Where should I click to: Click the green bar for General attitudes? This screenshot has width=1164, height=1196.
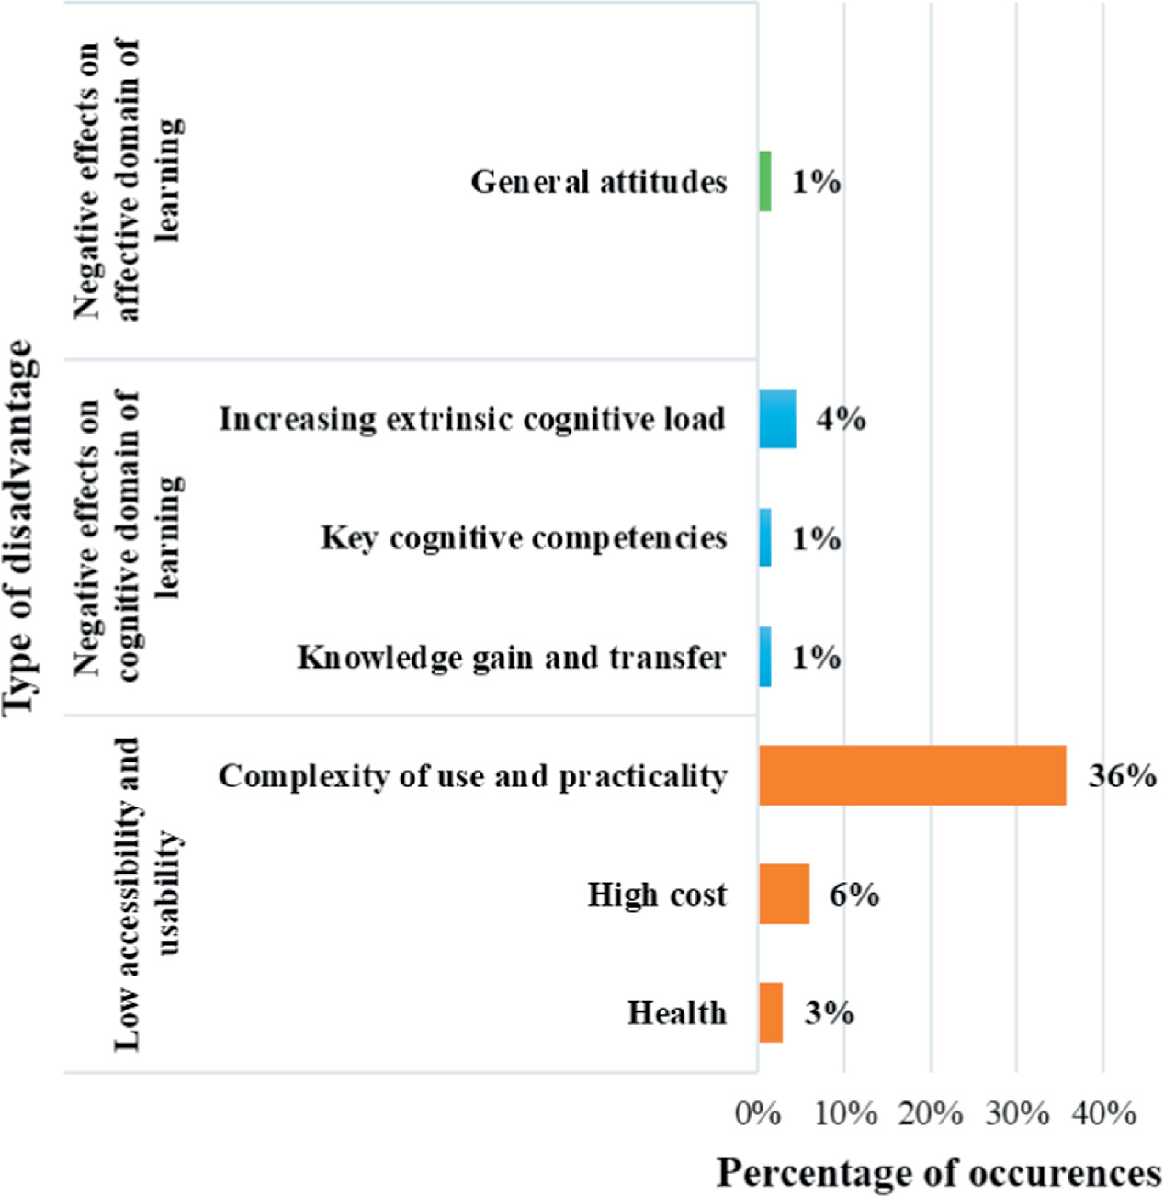point(765,181)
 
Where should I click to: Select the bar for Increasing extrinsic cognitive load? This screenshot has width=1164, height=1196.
point(777,419)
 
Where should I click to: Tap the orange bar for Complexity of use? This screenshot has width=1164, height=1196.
point(912,776)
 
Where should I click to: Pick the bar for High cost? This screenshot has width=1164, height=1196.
point(784,894)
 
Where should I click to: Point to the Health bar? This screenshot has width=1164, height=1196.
point(771,1012)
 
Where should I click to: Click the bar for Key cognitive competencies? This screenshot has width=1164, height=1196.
point(765,537)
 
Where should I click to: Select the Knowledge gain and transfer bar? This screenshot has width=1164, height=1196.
point(765,657)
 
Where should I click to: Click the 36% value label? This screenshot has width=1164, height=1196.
point(1122,776)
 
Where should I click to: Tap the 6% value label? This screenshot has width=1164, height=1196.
point(854,894)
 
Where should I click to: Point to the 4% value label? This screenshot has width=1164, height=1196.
point(841,419)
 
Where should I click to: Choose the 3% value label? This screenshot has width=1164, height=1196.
point(829,1012)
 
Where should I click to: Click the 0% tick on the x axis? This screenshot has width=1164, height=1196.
point(758,1113)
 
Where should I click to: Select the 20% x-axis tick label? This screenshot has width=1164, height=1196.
point(931,1113)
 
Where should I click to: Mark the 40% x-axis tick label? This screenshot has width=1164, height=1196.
point(1104,1113)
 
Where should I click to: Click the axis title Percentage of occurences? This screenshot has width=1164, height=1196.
point(939,1173)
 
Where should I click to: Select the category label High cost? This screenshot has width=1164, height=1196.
point(657,894)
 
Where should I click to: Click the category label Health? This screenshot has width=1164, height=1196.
point(677,1012)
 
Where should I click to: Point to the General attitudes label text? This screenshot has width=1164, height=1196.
point(599,181)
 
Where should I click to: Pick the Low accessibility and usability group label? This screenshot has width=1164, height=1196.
point(145,894)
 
